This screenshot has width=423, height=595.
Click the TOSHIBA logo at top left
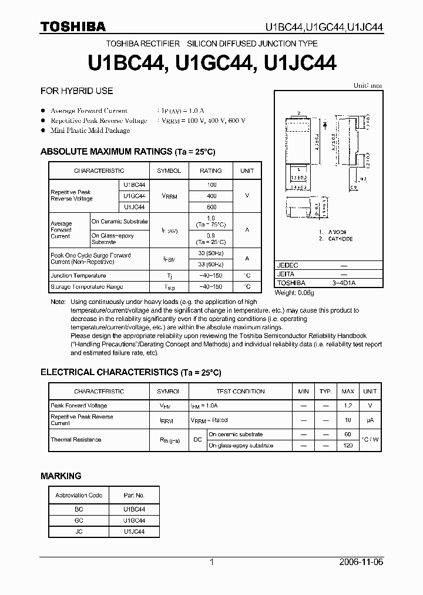point(73,26)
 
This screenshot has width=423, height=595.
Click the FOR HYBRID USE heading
point(76,91)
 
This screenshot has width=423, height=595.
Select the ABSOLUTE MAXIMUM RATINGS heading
point(127,152)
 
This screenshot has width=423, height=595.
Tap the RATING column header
point(211,171)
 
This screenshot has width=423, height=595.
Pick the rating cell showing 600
point(211,207)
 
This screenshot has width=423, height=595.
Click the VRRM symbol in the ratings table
point(169,196)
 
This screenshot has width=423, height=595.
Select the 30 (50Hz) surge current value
point(211,253)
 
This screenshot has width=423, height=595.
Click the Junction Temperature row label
point(78,275)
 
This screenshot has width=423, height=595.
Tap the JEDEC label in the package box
point(287,266)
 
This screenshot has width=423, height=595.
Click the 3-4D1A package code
point(344,283)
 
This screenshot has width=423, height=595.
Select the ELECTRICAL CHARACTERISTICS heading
point(130,372)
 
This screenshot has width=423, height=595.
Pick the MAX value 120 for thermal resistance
point(348,446)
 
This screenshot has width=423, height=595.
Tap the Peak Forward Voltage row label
point(79,406)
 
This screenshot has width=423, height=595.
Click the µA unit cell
point(370,420)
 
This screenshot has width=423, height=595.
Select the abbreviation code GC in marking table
point(79,521)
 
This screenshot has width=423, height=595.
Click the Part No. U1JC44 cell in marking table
point(134,532)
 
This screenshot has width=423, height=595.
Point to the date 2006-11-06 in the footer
point(361,562)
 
